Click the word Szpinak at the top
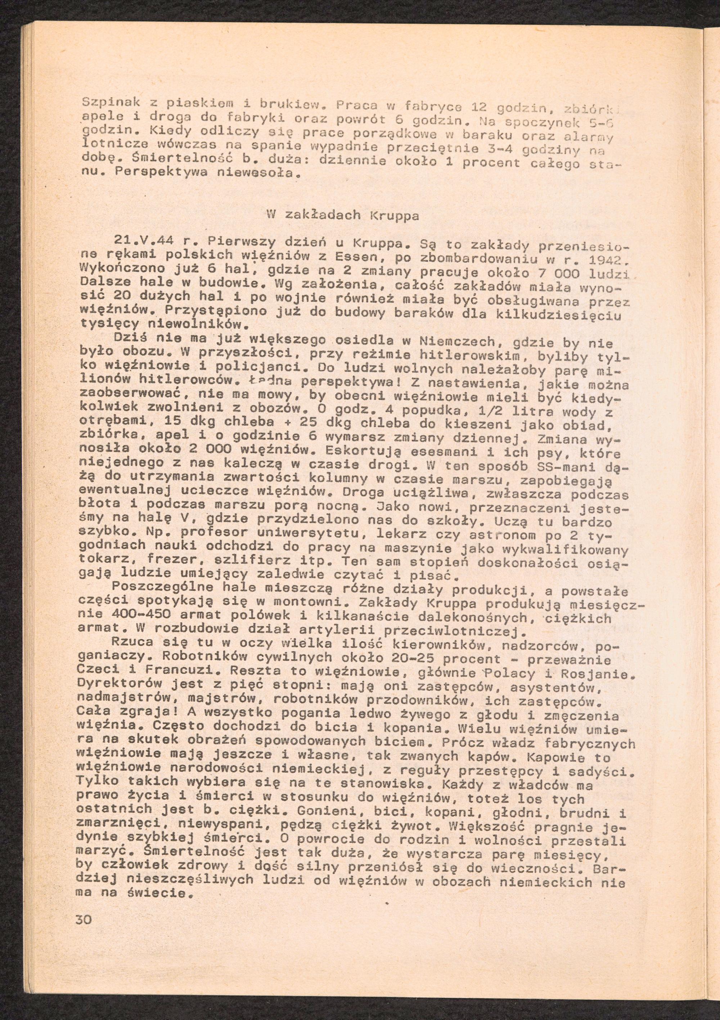pos(108,103)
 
